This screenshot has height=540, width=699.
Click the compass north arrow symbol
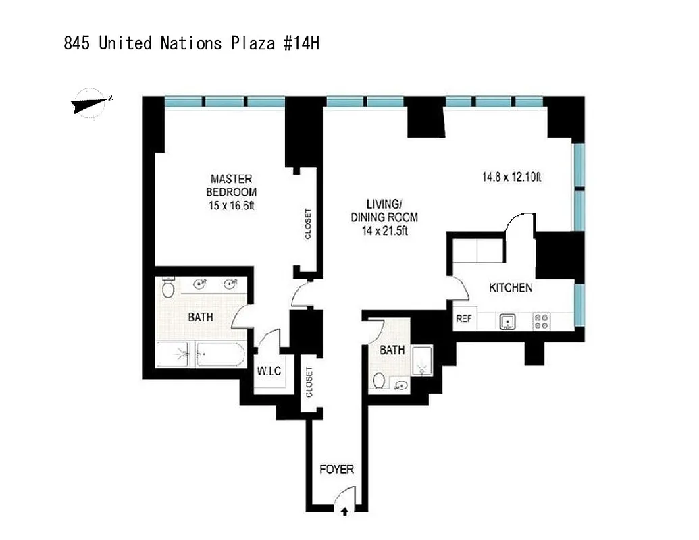click(x=90, y=103)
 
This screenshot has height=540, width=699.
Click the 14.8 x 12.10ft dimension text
click(x=512, y=178)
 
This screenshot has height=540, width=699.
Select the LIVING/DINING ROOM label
click(x=383, y=211)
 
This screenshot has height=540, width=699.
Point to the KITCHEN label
click(x=511, y=288)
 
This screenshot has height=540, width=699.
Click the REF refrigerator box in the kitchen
click(x=463, y=319)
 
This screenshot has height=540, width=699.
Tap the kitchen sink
click(x=508, y=322)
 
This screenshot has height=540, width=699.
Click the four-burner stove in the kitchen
click(x=542, y=321)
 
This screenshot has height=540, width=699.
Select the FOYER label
click(x=336, y=469)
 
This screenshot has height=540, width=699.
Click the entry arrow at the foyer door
click(x=345, y=512)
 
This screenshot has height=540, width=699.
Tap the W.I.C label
click(x=268, y=371)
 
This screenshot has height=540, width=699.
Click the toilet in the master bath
click(x=168, y=288)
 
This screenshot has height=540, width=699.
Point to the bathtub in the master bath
click(x=219, y=354)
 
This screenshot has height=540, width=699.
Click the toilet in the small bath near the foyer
click(x=380, y=382)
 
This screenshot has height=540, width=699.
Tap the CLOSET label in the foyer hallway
click(x=309, y=382)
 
